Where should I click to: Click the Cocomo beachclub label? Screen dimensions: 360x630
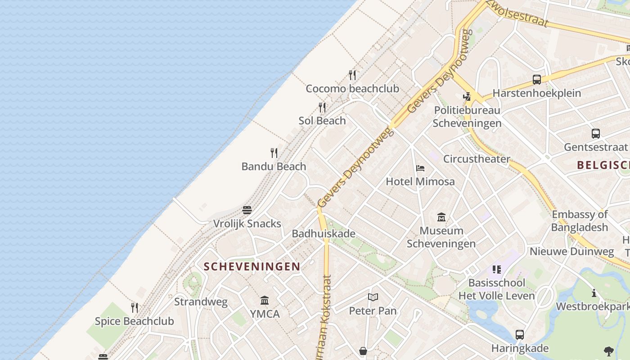pos(352,89)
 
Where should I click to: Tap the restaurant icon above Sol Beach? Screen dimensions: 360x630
pos(322,108)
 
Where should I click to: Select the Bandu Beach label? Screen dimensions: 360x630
pos(274,166)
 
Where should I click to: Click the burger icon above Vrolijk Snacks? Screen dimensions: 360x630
pos(247,210)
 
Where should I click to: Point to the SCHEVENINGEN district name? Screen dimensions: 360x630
pos(252,266)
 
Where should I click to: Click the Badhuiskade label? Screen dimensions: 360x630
pos(324,234)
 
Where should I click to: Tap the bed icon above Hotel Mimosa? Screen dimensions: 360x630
pos(420,169)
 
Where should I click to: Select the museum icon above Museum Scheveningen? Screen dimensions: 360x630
pos(441,217)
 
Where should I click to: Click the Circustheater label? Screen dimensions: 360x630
pos(477,159)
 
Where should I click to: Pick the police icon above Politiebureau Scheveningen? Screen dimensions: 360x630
pos(467,96)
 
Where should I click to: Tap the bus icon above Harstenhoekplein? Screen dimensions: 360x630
pos(536,80)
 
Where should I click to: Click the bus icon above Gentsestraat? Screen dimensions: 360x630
pos(595,134)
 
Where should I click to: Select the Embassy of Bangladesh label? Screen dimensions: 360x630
pos(580,220)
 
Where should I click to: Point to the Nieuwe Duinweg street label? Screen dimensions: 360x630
pos(571,251)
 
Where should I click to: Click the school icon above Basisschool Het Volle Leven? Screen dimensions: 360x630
pos(496,270)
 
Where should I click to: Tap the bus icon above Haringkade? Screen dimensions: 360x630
pos(520,334)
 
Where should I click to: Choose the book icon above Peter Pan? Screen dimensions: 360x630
pos(373,297)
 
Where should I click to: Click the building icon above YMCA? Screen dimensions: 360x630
pos(265,301)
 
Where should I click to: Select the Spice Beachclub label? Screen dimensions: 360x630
pos(134,321)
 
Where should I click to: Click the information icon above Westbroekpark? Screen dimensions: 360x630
pos(594,293)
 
